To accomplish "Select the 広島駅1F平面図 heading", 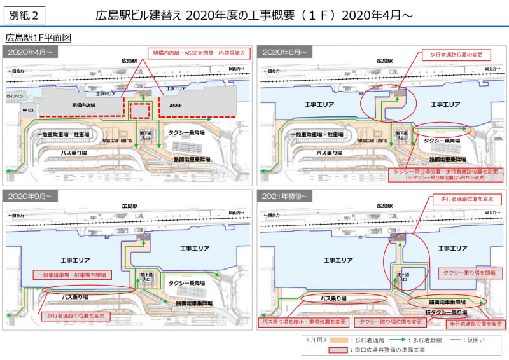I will pos(38,38).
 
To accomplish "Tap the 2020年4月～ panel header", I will pos(30,52).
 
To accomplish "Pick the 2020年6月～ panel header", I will pos(284,52).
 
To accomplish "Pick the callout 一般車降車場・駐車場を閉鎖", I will pos(72,275).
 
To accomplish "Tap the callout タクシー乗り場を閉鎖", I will pos(470,273).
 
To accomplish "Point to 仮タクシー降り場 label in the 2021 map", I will pos(446,312).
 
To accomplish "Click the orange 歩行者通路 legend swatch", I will pos(342,340).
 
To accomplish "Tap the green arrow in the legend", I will pos(399,340).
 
